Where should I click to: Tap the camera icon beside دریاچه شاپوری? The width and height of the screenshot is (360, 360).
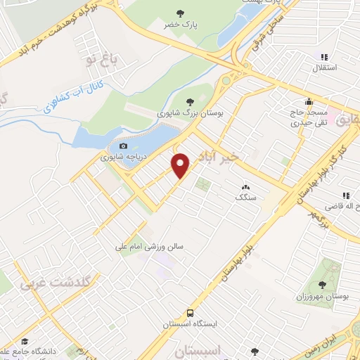(123, 146)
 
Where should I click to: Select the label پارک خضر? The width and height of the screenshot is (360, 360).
(182, 25)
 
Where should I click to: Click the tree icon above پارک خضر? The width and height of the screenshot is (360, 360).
(182, 13)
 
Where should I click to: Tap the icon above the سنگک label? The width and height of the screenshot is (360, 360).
(245, 187)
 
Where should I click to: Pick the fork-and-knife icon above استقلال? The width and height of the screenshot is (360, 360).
(324, 57)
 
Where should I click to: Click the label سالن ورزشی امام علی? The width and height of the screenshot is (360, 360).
(150, 247)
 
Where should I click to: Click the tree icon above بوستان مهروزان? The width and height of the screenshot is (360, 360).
(322, 285)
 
